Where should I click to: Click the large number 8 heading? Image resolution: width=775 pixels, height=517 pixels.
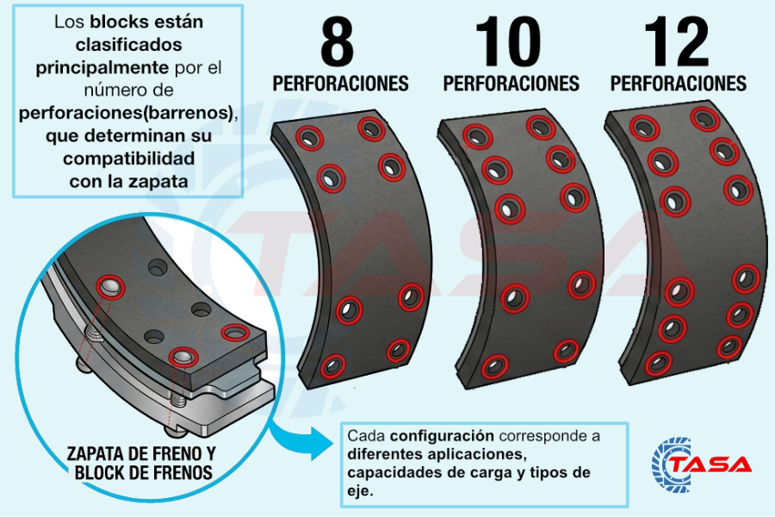pos(338,42)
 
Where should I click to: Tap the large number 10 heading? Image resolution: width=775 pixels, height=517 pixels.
pos(508,42)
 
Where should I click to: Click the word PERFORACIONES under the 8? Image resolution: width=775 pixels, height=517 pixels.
pos(340,84)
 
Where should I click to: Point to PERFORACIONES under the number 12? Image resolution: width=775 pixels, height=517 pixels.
pos(679,84)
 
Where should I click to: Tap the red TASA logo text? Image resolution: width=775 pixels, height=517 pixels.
pos(711,464)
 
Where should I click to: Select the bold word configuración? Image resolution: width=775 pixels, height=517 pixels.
pos(445,435)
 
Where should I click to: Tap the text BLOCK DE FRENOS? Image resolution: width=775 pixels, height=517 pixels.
pos(143,472)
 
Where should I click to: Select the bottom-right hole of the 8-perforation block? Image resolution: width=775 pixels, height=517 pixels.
pos(398,350)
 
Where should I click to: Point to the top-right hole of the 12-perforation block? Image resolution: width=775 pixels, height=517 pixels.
pos(705,118)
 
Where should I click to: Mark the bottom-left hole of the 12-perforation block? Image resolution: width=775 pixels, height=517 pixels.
pos(659,363)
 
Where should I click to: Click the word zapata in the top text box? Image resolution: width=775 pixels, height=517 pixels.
pos(164,182)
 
